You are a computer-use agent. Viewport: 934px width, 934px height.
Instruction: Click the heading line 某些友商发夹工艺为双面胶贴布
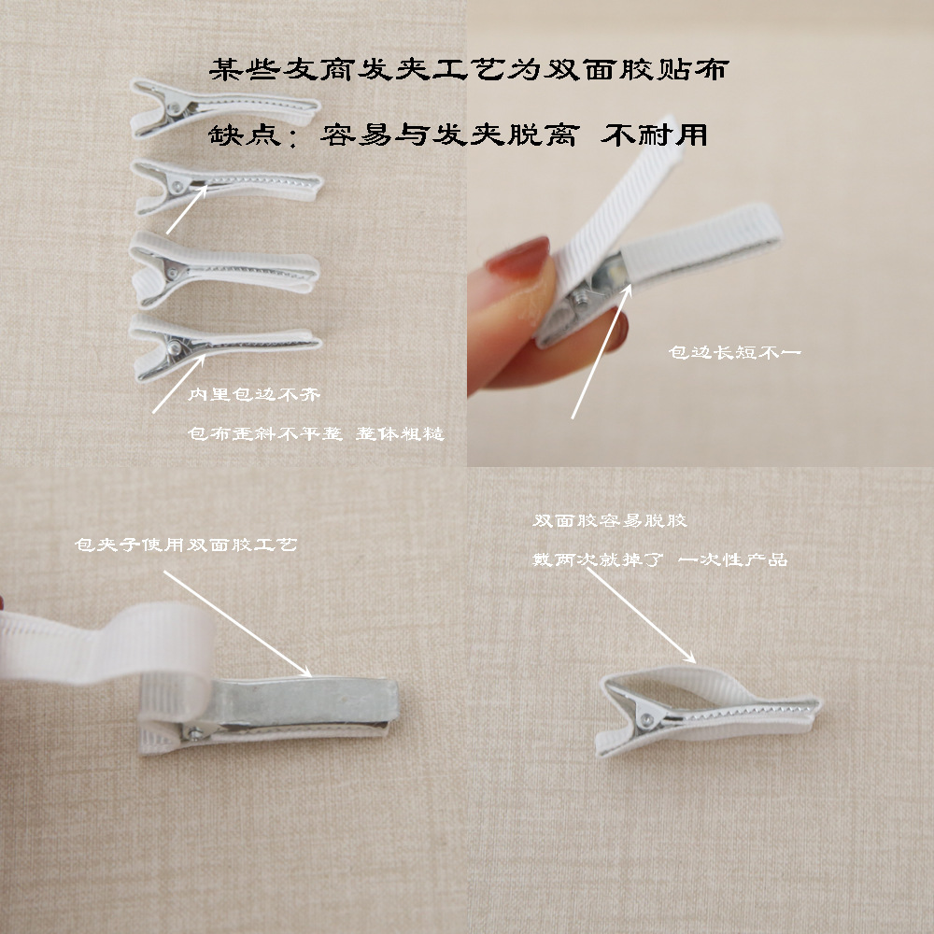click(x=467, y=70)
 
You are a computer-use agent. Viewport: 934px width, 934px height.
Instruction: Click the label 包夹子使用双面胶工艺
click(x=186, y=544)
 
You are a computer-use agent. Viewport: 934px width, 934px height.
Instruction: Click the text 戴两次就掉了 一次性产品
click(x=659, y=559)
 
